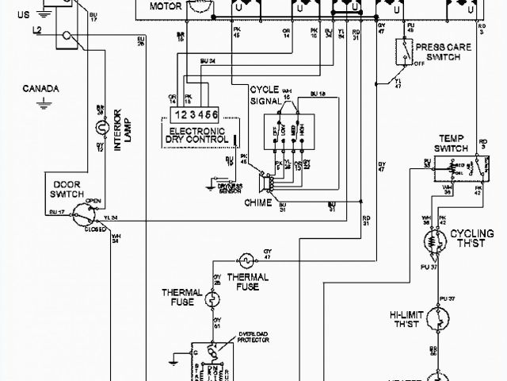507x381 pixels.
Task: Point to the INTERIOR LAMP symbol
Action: pos(101,127)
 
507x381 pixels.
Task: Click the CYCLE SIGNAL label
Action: pos(267,95)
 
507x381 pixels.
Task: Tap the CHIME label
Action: pos(258,203)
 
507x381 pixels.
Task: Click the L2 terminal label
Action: pos(37,29)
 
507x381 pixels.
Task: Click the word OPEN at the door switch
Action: pos(93,201)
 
